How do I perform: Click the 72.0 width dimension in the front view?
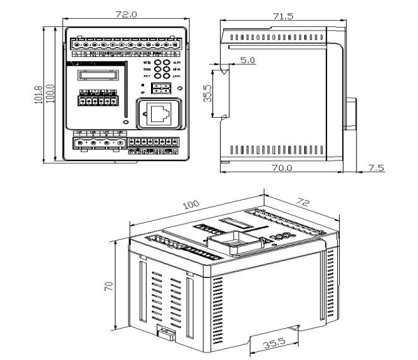(x=124, y=13)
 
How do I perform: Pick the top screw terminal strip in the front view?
(x=123, y=45)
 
